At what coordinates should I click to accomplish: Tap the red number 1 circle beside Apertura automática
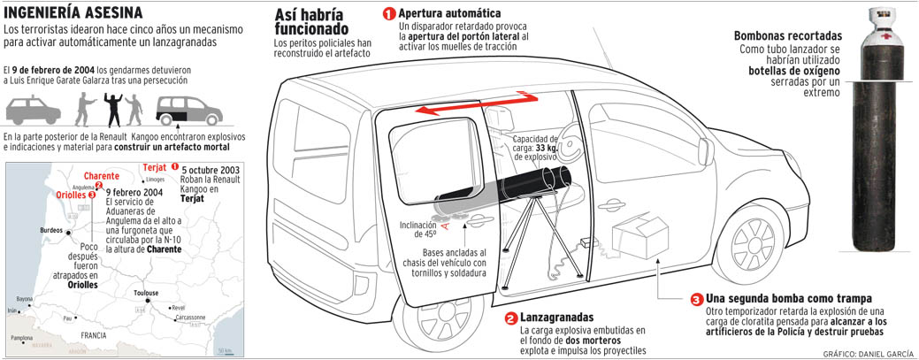click(x=388, y=15)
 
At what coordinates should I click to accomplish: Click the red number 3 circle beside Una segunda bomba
click(x=696, y=299)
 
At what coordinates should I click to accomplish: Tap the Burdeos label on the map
click(x=50, y=229)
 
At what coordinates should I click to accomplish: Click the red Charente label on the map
click(x=102, y=175)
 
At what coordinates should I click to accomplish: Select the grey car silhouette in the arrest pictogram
click(x=34, y=110)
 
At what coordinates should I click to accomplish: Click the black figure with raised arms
click(x=112, y=108)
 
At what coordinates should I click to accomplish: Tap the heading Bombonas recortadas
click(x=786, y=35)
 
